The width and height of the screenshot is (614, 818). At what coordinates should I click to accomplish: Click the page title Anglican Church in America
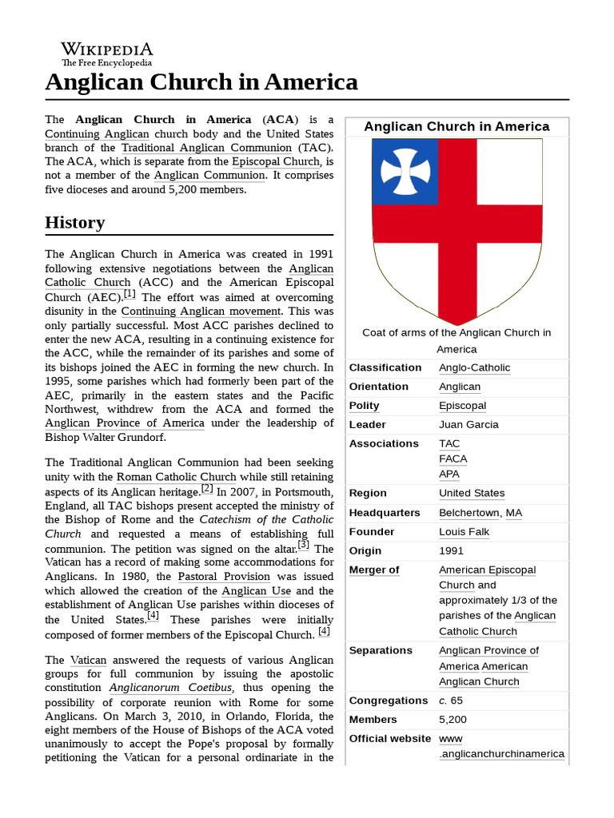point(201,81)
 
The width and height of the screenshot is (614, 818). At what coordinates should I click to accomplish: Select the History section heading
point(74,222)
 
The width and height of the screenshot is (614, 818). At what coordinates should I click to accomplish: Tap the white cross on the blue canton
point(405,171)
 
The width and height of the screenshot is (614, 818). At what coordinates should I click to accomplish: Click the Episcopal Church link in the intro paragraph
point(275,161)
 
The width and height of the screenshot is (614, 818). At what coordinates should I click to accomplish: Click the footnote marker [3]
point(303,545)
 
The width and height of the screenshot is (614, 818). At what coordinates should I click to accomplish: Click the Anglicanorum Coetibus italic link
point(171,688)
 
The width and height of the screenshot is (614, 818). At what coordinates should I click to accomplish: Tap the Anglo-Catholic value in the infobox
point(474,367)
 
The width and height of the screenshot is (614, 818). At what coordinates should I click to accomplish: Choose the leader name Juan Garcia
point(468,425)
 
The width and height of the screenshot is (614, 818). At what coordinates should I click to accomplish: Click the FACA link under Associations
point(453,459)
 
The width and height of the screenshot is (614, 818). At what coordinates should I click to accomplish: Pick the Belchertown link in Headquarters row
point(469,513)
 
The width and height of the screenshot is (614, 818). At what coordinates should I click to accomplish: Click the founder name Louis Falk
point(464,532)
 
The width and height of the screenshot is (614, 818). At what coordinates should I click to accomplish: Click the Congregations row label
point(389,701)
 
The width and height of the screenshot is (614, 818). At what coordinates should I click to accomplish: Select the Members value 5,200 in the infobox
point(454,720)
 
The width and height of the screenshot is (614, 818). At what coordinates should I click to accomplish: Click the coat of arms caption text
point(457,341)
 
